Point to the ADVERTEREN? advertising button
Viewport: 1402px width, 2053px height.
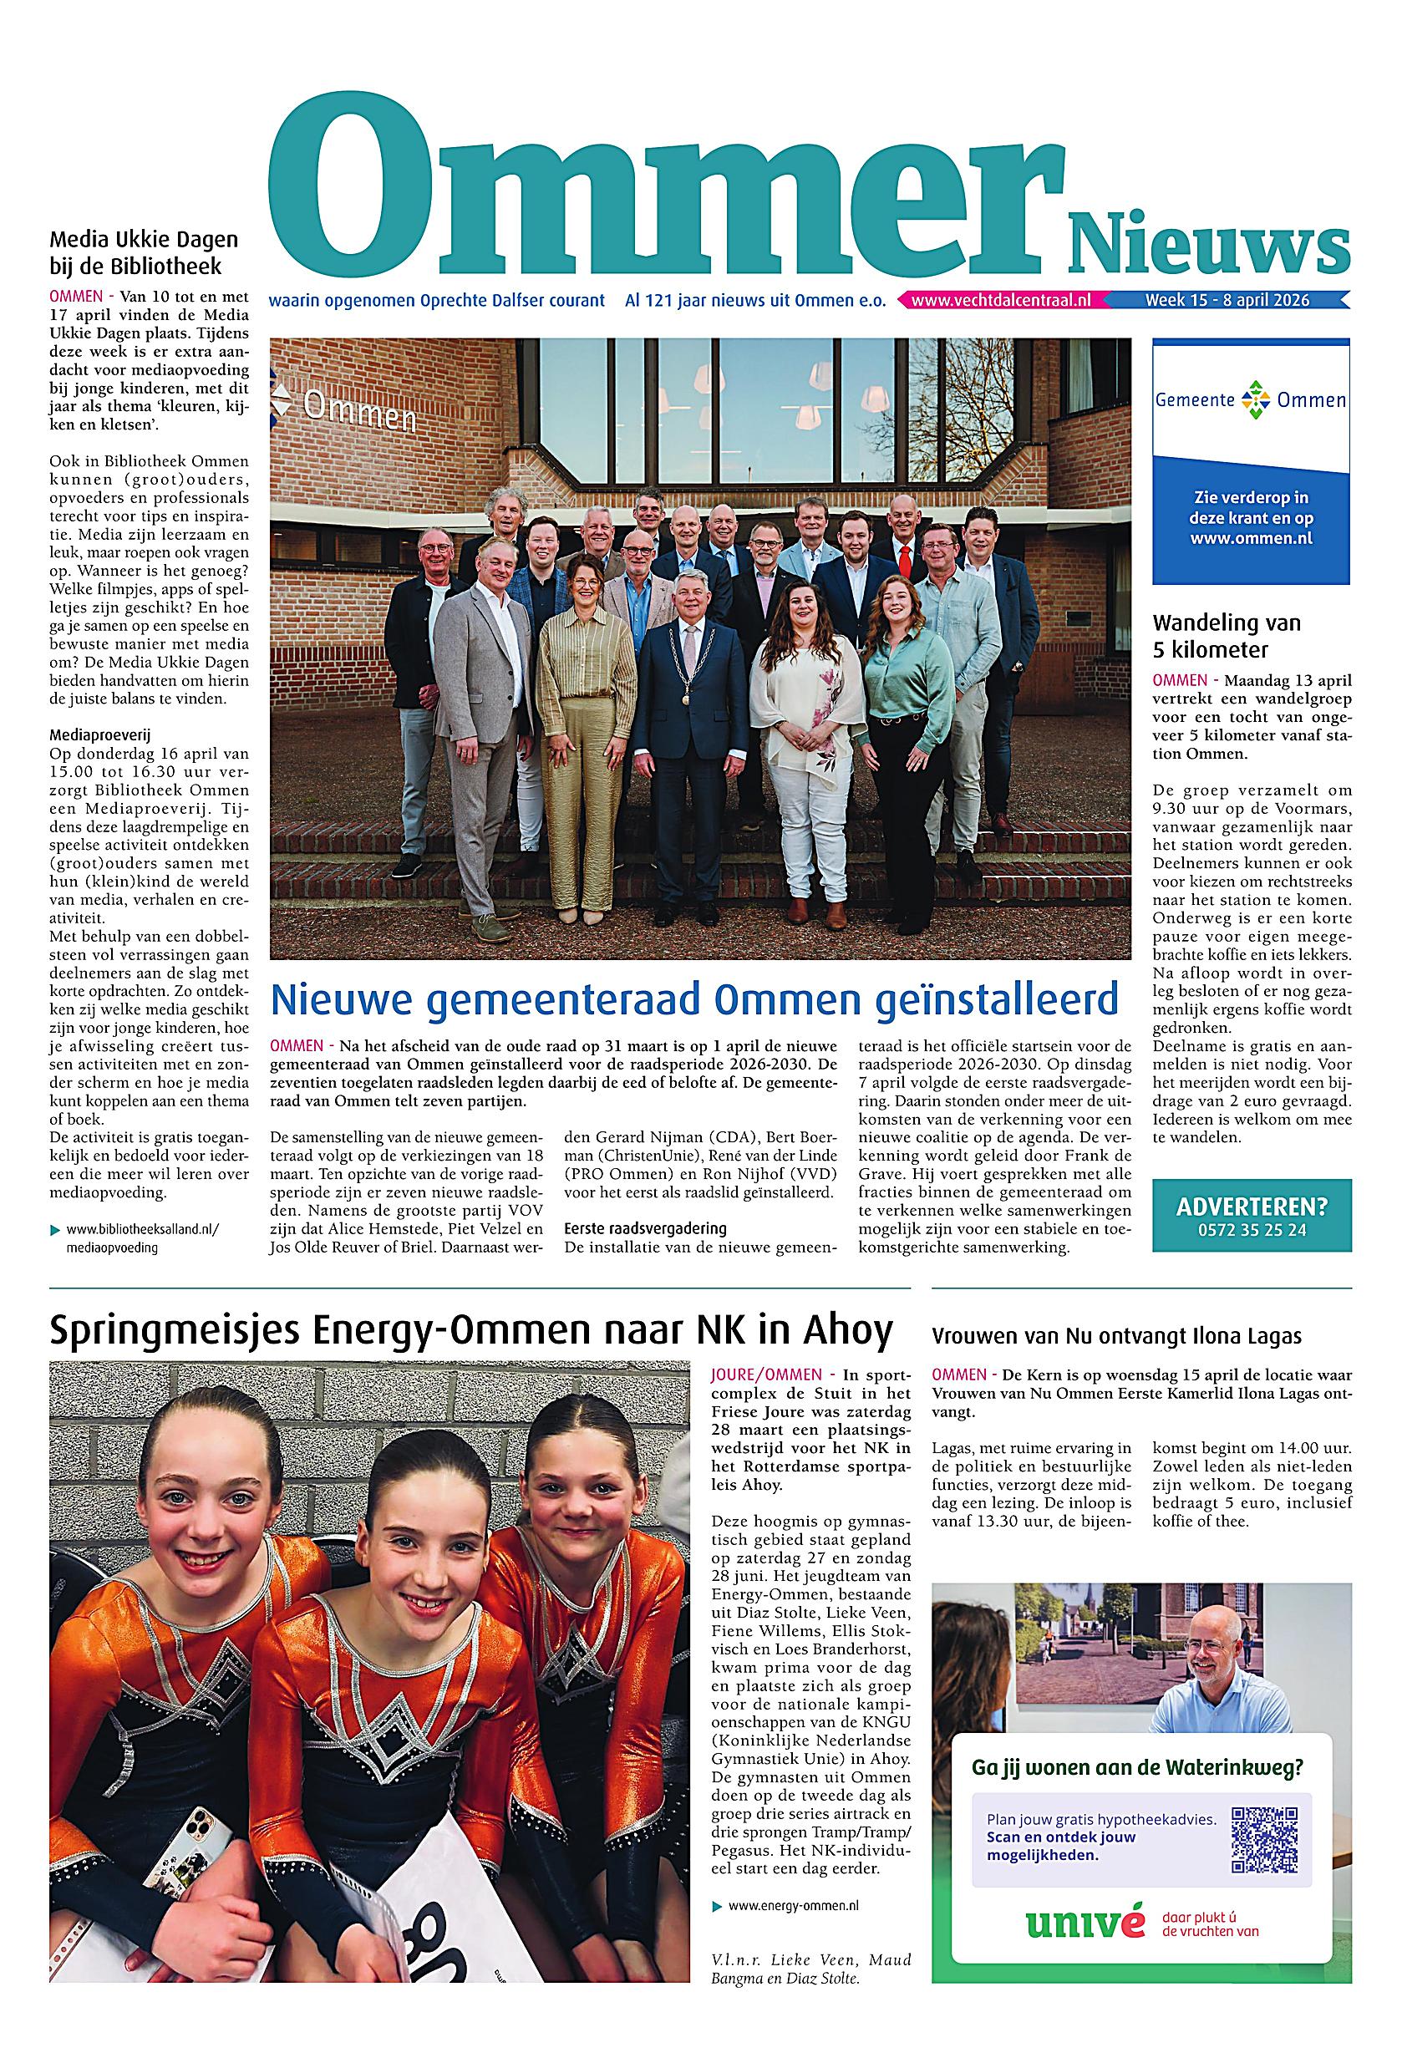pyautogui.click(x=1251, y=1216)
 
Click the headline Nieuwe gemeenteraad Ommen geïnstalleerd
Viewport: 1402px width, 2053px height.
pyautogui.click(x=693, y=999)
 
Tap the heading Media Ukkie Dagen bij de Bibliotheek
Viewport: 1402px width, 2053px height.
pyautogui.click(x=144, y=252)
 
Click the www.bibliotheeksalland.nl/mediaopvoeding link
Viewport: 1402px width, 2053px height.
pyautogui.click(x=141, y=1238)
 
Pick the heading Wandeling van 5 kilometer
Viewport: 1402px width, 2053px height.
pyautogui.click(x=1227, y=636)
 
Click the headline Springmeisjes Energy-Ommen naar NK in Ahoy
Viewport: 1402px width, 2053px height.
pyautogui.click(x=471, y=1330)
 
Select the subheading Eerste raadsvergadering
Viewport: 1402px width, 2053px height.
pyautogui.click(x=645, y=1228)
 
